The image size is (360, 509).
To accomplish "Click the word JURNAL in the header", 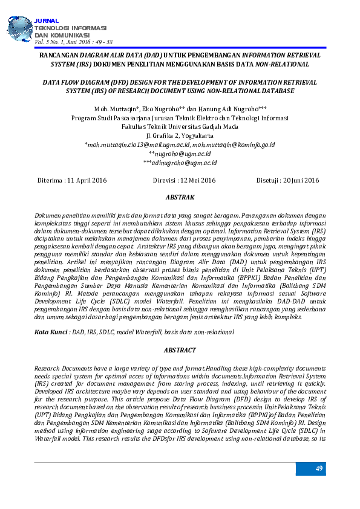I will coord(45,21).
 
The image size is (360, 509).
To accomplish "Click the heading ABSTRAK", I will coord(180,198).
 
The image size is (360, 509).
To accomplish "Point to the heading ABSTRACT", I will coord(180,350).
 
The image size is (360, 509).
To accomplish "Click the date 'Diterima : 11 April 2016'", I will coord(72,180).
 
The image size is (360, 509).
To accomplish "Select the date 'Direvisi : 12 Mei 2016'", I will coord(184,180).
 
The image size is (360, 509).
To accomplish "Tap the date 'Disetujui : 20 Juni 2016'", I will coord(287,180).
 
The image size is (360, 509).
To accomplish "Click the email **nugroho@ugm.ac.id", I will coord(180,154).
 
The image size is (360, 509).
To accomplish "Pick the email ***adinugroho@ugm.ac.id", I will coord(180,163).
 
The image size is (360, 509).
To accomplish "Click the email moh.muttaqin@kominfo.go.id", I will coord(234,145).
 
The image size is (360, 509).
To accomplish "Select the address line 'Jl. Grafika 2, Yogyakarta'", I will coord(180,136).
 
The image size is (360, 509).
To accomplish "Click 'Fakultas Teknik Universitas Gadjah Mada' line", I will coord(180,127).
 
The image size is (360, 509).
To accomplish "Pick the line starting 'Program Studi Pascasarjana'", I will coord(180,118).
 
